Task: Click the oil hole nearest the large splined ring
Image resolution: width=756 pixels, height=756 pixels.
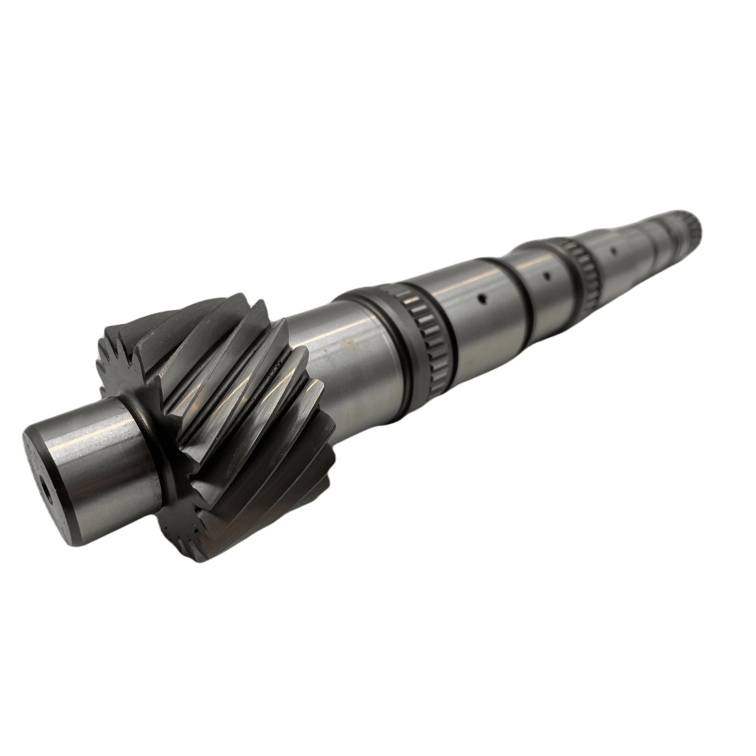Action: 482,299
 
